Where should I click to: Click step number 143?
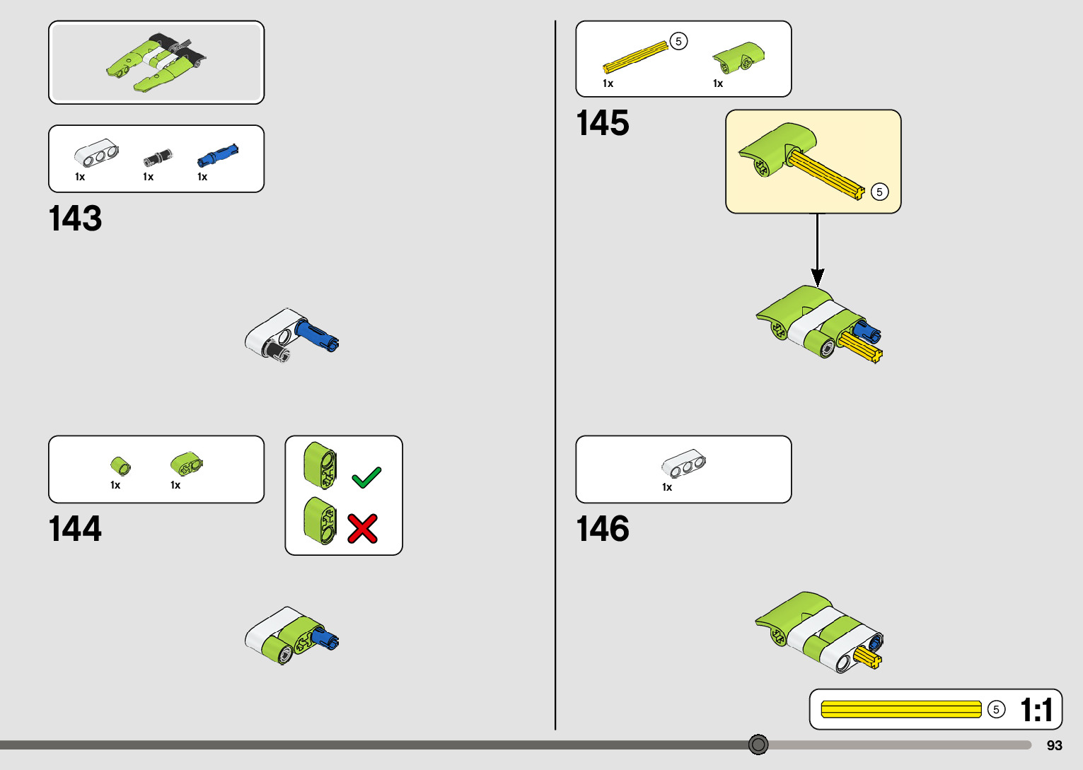(75, 218)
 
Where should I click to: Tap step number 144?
(75, 529)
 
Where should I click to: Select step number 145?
(603, 123)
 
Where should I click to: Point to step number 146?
(603, 529)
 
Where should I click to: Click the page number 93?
(1054, 746)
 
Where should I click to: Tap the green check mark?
(366, 478)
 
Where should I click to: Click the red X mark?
(363, 528)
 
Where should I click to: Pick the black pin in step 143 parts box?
(157, 156)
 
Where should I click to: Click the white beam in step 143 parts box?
(96, 152)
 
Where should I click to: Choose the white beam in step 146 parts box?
(683, 464)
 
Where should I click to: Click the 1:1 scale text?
(1036, 710)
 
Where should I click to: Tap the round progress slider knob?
(758, 745)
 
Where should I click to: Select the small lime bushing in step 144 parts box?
(120, 465)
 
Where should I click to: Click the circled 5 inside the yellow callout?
(879, 192)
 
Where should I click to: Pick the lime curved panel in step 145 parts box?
(739, 57)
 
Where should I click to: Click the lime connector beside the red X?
(320, 521)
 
